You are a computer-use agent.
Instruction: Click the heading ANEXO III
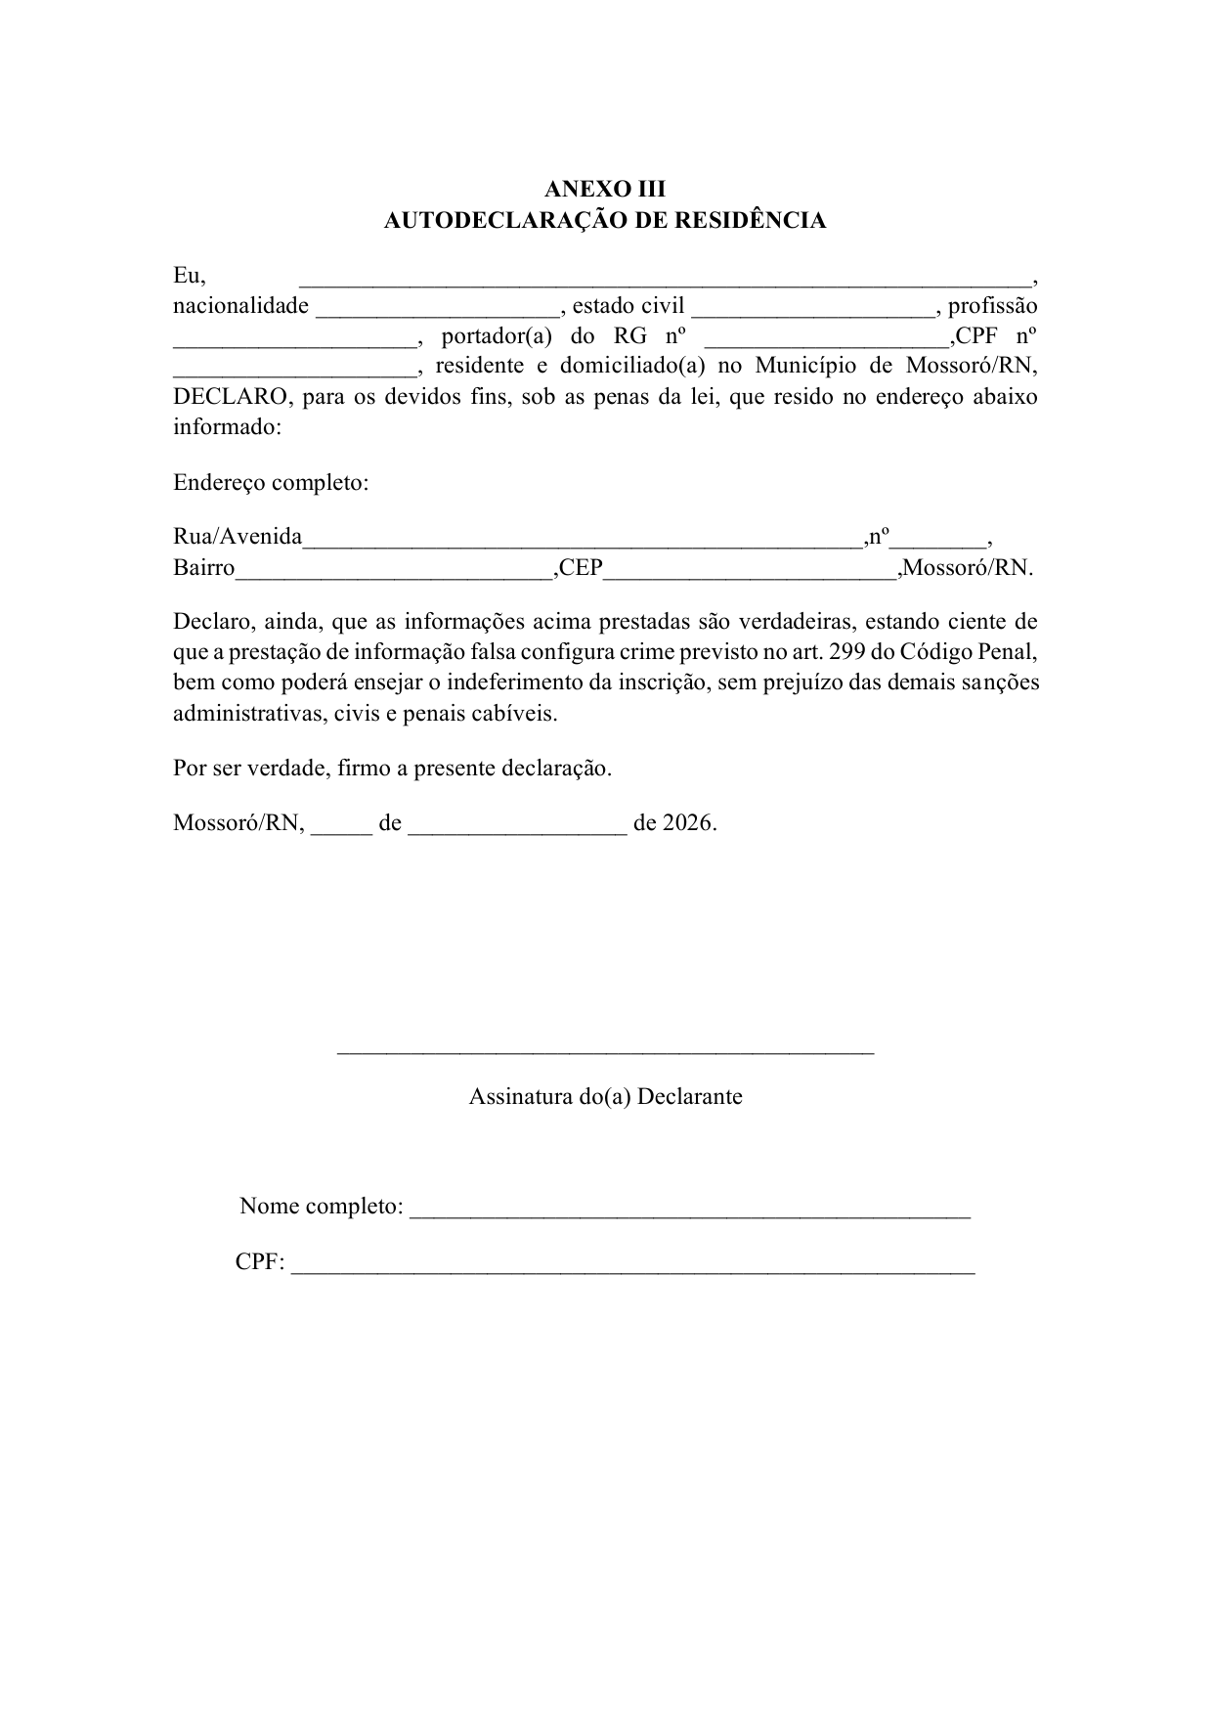(x=605, y=189)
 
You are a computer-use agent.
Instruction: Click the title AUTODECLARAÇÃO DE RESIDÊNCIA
(x=605, y=220)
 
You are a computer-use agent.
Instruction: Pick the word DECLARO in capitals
(x=231, y=397)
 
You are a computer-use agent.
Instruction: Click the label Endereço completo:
(x=271, y=483)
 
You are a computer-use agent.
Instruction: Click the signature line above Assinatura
(x=605, y=1052)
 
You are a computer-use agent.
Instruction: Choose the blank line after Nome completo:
(x=689, y=1212)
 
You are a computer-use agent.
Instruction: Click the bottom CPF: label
(x=260, y=1262)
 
